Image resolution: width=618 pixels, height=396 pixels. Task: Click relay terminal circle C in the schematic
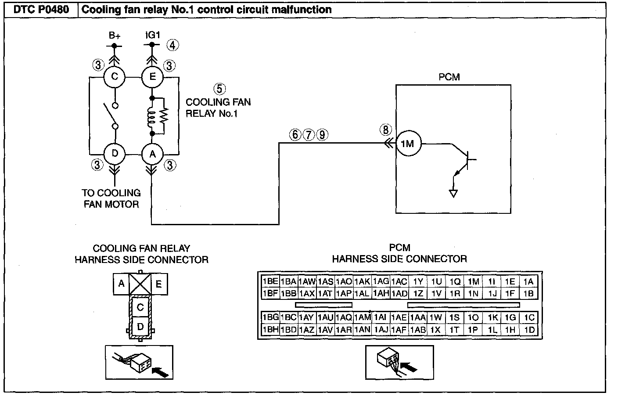[x=115, y=77]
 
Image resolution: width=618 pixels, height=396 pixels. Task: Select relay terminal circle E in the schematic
[x=152, y=77]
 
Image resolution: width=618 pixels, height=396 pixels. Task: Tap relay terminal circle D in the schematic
[x=115, y=154]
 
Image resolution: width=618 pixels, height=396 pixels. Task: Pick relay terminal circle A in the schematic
[x=152, y=154]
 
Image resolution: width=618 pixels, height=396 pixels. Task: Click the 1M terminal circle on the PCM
[x=409, y=144]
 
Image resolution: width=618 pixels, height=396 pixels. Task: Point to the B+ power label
[x=114, y=36]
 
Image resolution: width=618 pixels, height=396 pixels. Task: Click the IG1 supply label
[x=152, y=35]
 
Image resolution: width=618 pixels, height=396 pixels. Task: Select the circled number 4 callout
[x=172, y=45]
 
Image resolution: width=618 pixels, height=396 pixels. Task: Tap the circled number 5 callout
[x=219, y=89]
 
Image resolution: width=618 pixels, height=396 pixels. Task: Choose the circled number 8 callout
[x=386, y=130]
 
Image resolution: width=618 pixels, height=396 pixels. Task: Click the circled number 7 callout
[x=309, y=135]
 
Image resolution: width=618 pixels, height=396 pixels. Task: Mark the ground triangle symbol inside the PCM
[x=453, y=194]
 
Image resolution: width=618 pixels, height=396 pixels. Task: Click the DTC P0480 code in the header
[x=41, y=10]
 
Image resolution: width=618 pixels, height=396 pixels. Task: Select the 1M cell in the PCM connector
[x=474, y=281]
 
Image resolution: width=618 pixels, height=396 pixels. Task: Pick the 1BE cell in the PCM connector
[x=270, y=281]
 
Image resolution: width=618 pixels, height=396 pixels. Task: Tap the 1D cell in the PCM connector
[x=529, y=330]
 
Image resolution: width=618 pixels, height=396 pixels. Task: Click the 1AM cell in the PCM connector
[x=363, y=317]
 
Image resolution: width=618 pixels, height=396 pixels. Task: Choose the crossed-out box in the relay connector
[x=140, y=284]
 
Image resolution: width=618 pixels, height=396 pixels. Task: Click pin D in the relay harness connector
[x=140, y=327]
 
